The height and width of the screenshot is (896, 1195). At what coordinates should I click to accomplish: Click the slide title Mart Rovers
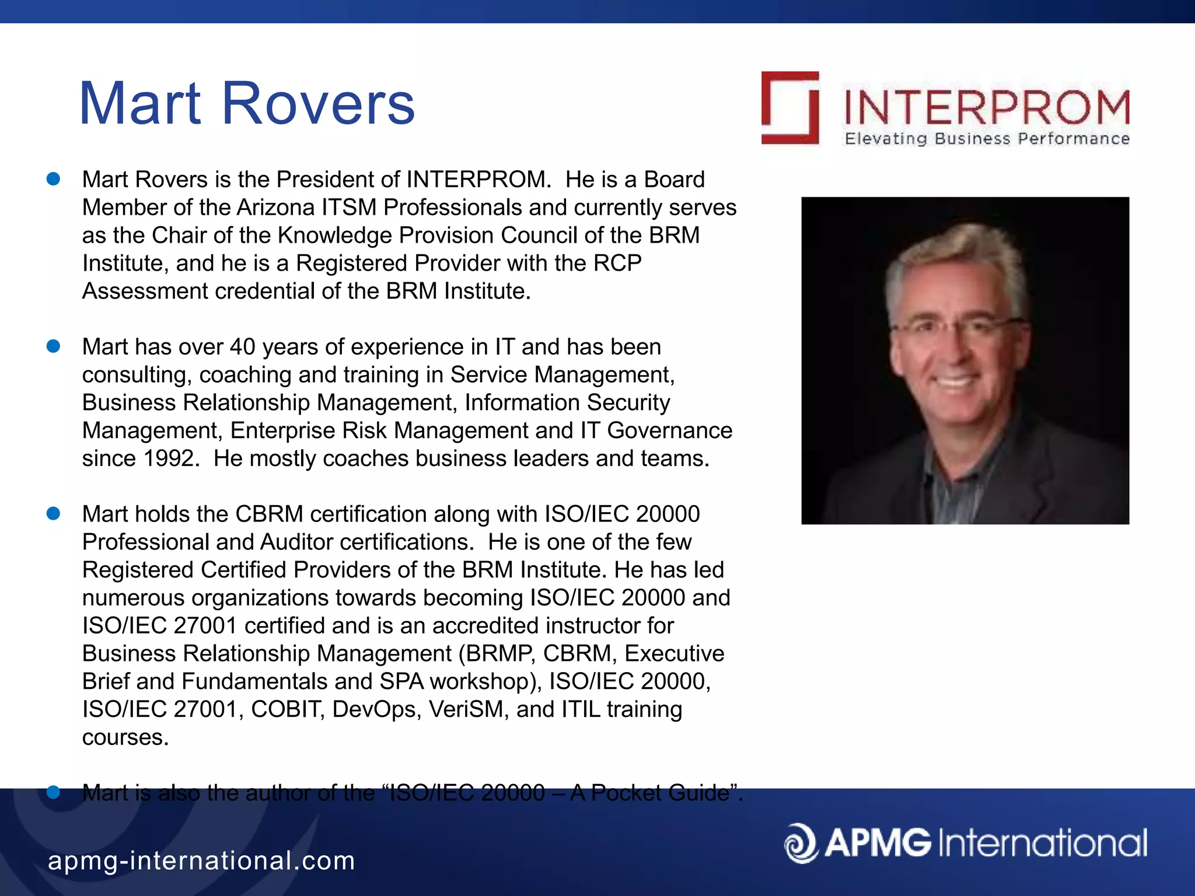click(x=246, y=104)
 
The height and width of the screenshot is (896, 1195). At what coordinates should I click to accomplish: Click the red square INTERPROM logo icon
click(x=790, y=107)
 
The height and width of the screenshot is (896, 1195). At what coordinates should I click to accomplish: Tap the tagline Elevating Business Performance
click(x=987, y=139)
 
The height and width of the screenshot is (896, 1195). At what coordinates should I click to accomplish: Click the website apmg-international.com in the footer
click(x=201, y=860)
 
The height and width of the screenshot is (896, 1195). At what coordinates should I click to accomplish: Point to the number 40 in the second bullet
click(x=242, y=347)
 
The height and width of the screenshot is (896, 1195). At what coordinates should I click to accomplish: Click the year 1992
click(x=169, y=459)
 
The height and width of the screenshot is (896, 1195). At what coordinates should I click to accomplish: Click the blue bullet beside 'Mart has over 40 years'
click(x=54, y=346)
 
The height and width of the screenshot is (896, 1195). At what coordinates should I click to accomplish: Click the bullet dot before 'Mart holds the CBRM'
click(x=54, y=513)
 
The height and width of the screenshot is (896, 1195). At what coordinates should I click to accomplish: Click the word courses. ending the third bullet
click(x=125, y=738)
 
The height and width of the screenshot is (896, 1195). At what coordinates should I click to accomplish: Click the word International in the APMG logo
click(x=1043, y=843)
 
